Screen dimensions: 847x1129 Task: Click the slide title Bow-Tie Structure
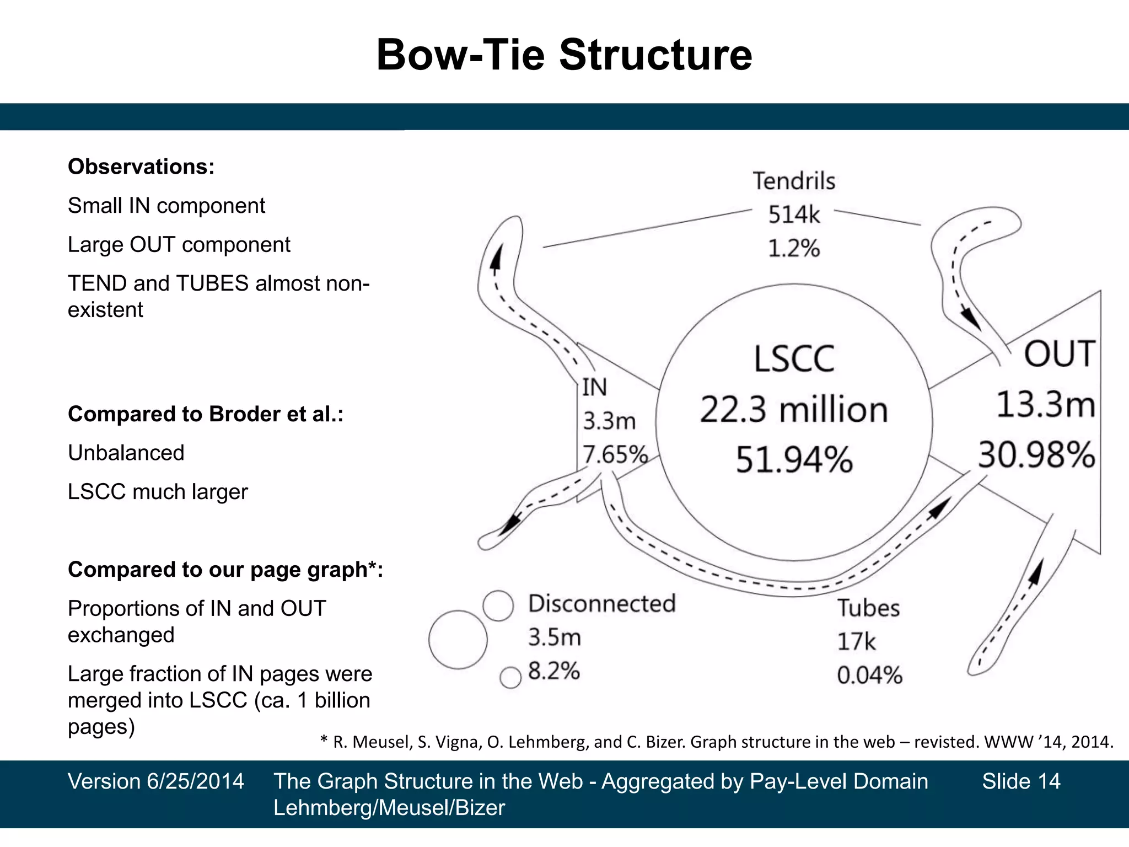coord(564,55)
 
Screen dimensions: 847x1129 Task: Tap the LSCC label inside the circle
coord(794,359)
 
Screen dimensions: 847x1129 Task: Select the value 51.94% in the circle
coord(794,459)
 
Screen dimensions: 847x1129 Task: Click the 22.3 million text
coord(794,410)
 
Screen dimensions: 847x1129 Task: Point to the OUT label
coord(1059,354)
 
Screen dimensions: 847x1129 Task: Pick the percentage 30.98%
coord(1036,455)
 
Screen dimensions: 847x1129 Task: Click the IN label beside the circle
coord(595,387)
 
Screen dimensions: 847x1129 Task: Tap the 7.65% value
coord(615,455)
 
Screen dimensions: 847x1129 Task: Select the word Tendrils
coord(794,181)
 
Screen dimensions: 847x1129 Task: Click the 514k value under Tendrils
coord(794,215)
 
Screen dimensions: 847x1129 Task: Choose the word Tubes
coord(868,608)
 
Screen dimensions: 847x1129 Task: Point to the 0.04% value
coord(869,676)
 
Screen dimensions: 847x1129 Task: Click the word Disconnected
coord(601,603)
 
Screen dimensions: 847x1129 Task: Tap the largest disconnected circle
coord(458,640)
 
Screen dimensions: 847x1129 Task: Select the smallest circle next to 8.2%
coord(510,678)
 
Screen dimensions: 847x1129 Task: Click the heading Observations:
coord(141,167)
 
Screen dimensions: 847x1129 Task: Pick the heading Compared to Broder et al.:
coord(206,414)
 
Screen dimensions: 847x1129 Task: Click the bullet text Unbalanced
coord(126,453)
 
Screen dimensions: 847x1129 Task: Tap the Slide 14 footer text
coord(1021,781)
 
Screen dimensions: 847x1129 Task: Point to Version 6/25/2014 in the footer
coord(156,781)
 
